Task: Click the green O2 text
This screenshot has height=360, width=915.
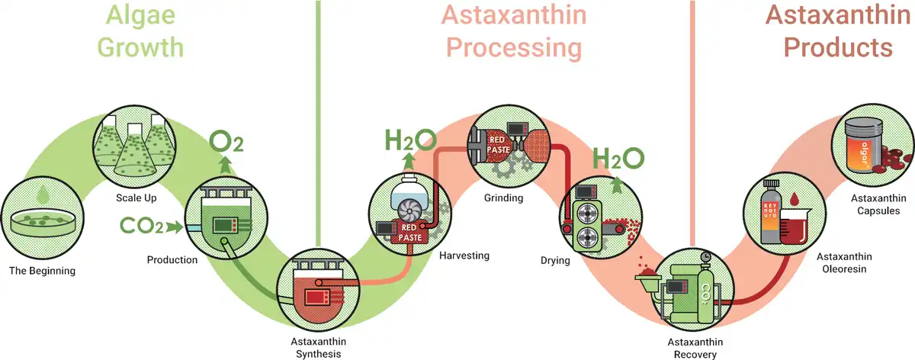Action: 226,142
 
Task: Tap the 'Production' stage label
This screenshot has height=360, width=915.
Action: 172,259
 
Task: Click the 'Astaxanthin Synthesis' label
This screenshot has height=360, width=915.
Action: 316,347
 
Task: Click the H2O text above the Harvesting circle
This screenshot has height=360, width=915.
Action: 410,140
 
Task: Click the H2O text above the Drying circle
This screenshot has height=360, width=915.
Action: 618,157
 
